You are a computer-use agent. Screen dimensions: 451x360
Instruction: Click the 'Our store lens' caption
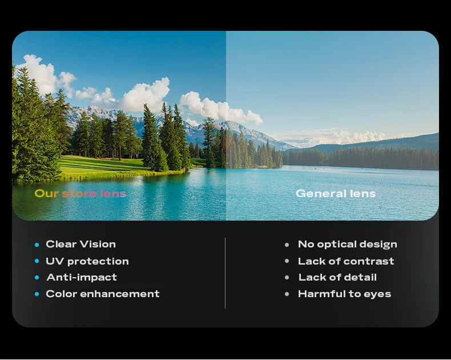click(x=80, y=194)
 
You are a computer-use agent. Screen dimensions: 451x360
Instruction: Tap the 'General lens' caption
click(x=336, y=194)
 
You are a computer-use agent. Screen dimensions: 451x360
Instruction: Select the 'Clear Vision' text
click(x=81, y=244)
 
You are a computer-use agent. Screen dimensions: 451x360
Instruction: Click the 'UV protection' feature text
click(x=87, y=261)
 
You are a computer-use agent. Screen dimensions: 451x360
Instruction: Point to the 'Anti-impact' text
click(x=82, y=277)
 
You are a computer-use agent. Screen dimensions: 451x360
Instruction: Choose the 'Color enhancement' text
click(x=103, y=294)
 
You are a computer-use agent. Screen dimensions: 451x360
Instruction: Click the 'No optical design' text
click(x=348, y=244)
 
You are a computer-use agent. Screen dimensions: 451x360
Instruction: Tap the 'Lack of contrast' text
click(x=346, y=261)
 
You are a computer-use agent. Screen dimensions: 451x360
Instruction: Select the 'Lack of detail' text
click(x=337, y=277)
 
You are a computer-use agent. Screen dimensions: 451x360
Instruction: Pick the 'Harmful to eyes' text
click(x=345, y=294)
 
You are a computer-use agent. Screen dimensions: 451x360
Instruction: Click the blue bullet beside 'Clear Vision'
click(x=37, y=245)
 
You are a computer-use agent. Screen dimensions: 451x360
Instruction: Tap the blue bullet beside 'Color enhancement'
click(x=37, y=294)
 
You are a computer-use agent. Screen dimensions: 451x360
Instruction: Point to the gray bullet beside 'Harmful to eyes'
click(x=287, y=294)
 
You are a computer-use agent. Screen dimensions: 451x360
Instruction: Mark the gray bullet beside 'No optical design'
click(x=287, y=245)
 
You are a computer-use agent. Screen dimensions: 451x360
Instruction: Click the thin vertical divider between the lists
click(x=225, y=273)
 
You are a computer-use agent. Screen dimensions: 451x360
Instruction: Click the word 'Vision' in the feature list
click(x=98, y=244)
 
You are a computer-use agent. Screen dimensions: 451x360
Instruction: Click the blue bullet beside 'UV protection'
click(x=37, y=261)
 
